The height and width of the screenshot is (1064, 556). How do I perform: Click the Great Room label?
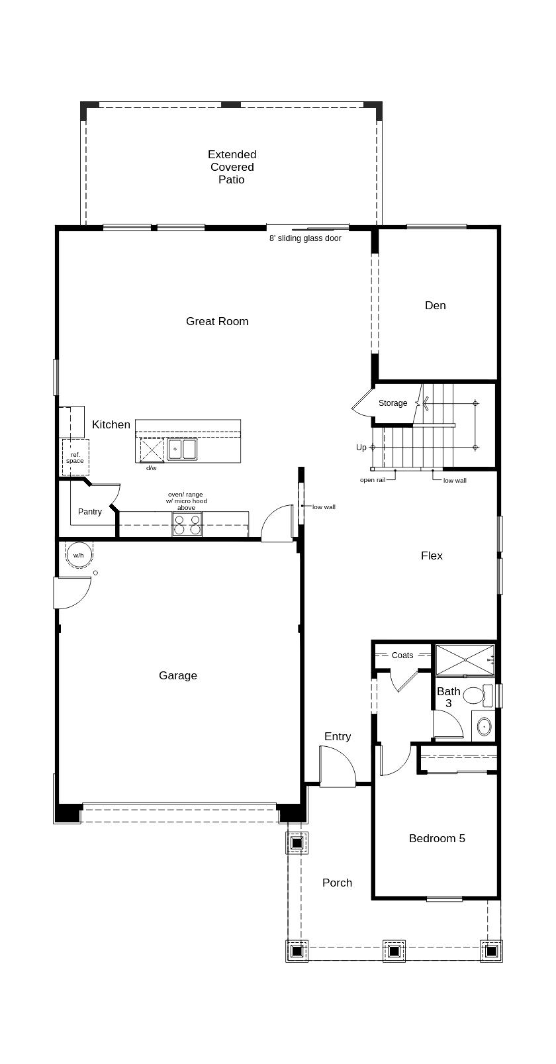click(217, 322)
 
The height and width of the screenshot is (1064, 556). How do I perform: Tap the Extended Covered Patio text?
click(232, 167)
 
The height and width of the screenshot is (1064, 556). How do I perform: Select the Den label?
click(435, 306)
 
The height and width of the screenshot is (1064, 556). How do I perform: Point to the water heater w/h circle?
click(79, 555)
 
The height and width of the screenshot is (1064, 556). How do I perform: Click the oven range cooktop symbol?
click(187, 524)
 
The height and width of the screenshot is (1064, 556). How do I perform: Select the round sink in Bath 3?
click(485, 726)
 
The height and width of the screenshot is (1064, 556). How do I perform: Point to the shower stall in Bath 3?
click(465, 660)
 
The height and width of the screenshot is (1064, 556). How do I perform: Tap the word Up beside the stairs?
click(361, 448)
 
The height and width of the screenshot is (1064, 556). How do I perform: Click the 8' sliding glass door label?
click(305, 238)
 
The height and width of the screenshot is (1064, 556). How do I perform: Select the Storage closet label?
click(393, 403)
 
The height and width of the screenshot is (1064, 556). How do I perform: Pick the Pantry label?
click(90, 512)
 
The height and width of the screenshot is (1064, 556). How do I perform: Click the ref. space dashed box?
click(75, 457)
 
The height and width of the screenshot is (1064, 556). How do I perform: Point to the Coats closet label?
click(402, 655)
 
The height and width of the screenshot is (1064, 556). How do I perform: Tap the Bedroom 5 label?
click(437, 839)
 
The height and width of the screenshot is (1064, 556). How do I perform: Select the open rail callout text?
click(372, 480)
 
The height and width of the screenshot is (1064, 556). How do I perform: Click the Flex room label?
click(432, 556)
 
